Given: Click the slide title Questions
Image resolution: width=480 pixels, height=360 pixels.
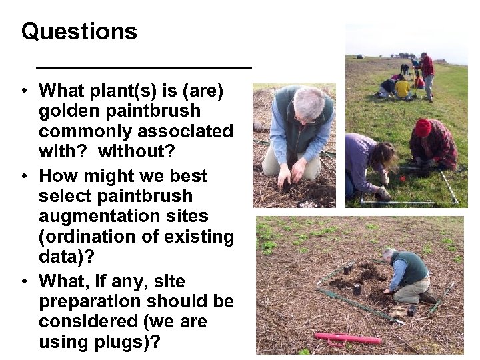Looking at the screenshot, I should point(79,31).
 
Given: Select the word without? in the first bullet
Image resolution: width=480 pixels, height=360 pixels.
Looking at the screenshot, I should point(136,151).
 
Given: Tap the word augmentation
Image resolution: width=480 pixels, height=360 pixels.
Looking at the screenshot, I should point(123,216).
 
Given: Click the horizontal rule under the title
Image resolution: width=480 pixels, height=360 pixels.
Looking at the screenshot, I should point(143,67).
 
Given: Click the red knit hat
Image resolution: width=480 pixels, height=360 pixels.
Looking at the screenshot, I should point(423,127).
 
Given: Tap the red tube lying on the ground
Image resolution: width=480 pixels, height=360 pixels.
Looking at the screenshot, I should point(348,339).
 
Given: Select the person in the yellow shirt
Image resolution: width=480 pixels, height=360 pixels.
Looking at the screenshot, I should point(402,88).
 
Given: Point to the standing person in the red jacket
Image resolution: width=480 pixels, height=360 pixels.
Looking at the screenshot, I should point(427,73).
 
